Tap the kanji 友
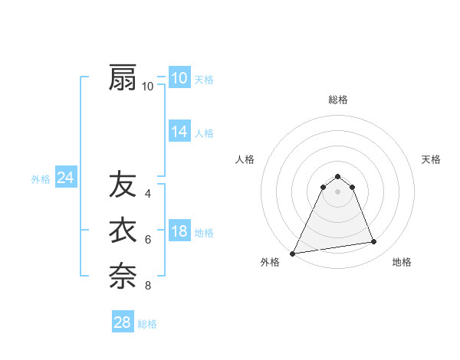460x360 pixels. pyautogui.click(x=123, y=185)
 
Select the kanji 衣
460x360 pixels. pyautogui.click(x=123, y=231)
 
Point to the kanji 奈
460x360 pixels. pyautogui.click(x=123, y=276)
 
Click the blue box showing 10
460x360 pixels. pyautogui.click(x=179, y=78)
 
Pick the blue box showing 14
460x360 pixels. pyautogui.click(x=179, y=132)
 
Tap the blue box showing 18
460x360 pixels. pyautogui.click(x=179, y=231)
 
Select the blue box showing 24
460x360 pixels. pyautogui.click(x=65, y=178)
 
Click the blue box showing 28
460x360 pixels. pyautogui.click(x=123, y=322)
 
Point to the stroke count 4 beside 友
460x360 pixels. pyautogui.click(x=148, y=194)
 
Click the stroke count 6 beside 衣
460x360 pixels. pyautogui.click(x=148, y=240)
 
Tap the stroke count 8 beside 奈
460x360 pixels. pyautogui.click(x=148, y=286)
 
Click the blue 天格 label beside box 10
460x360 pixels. pyautogui.click(x=204, y=80)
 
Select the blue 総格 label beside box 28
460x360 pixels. pyautogui.click(x=147, y=324)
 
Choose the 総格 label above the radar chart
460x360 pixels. pyautogui.click(x=337, y=100)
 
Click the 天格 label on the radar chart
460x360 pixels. pyautogui.click(x=431, y=159)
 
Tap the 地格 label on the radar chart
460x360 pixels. pyautogui.click(x=402, y=262)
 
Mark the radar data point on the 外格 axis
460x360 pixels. pyautogui.click(x=293, y=253)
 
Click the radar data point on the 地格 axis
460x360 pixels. pyautogui.click(x=373, y=242)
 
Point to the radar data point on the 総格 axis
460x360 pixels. pyautogui.click(x=337, y=176)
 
